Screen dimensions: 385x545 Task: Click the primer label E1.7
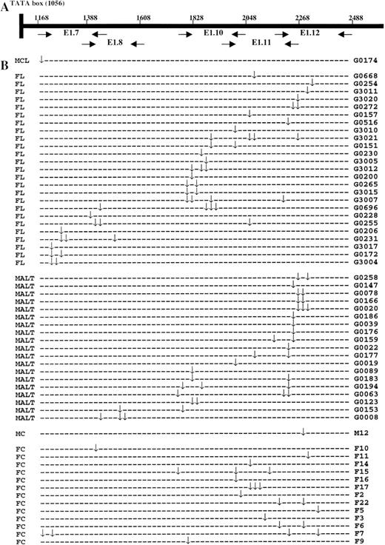tap(71, 33)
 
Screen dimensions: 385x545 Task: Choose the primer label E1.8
tap(115, 43)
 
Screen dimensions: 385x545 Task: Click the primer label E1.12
tap(309, 33)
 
